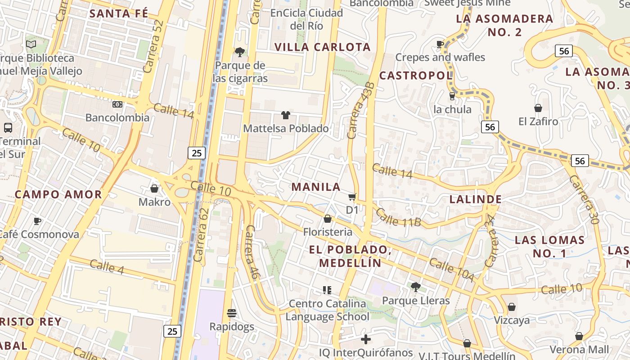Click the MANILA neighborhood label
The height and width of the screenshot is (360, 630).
pyautogui.click(x=316, y=187)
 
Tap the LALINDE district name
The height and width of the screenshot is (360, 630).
pyautogui.click(x=476, y=199)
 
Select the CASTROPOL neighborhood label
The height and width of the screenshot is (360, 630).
pyautogui.click(x=416, y=76)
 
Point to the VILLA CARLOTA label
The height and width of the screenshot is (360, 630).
pyautogui.click(x=322, y=47)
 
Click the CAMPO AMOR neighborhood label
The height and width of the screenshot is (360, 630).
pyautogui.click(x=58, y=194)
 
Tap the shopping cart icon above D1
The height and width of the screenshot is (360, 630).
pyautogui.click(x=352, y=197)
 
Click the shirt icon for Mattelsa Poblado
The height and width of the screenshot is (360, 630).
pyautogui.click(x=286, y=115)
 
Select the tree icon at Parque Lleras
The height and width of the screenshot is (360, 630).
pyautogui.click(x=416, y=287)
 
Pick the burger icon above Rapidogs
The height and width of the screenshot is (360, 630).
pyautogui.click(x=232, y=313)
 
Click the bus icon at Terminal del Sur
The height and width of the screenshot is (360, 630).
pyautogui.click(x=8, y=127)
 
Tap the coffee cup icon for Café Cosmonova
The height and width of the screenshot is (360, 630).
pyautogui.click(x=37, y=221)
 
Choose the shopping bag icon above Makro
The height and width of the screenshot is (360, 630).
pyautogui.click(x=154, y=188)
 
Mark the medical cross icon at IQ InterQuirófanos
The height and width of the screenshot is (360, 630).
pyautogui.click(x=366, y=339)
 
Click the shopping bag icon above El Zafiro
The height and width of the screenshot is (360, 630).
pyautogui.click(x=538, y=108)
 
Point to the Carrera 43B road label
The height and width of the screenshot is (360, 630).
pyautogui.click(x=361, y=110)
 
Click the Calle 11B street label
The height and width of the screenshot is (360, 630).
pyautogui.click(x=398, y=217)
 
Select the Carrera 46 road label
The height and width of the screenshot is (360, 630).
pyautogui.click(x=251, y=252)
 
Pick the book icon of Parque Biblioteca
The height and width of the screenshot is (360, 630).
pyautogui.click(x=31, y=44)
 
